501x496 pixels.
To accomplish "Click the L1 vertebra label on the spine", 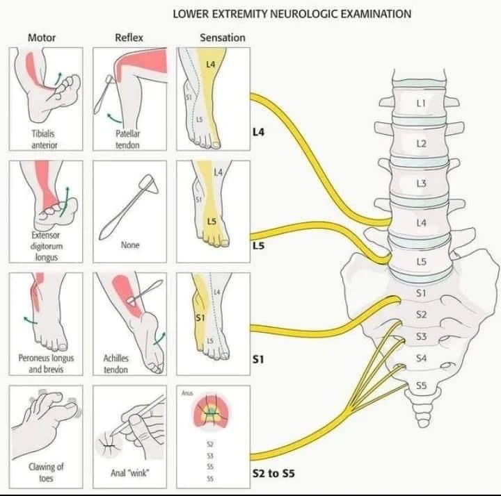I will click(x=420, y=102).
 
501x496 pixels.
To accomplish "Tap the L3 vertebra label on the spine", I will click(x=420, y=183).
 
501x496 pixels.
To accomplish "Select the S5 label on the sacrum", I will click(x=421, y=385).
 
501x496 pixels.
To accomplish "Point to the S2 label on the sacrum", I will click(x=421, y=315).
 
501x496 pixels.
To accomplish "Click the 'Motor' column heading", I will click(x=42, y=38).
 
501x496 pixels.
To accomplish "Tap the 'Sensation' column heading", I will click(x=222, y=38).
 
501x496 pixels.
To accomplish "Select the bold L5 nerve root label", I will click(x=258, y=246).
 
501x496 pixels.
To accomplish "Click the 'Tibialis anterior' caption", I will click(x=44, y=139).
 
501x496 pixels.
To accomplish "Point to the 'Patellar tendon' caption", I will click(x=128, y=139).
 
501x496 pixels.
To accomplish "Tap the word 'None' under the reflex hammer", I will click(x=130, y=245).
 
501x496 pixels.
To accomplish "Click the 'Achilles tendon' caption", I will click(x=116, y=364).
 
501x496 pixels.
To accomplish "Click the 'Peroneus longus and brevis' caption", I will click(x=46, y=364).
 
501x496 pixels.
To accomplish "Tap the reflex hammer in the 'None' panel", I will click(x=129, y=206).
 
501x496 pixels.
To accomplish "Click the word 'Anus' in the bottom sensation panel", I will click(x=186, y=394).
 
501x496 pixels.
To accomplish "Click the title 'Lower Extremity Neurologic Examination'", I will click(x=291, y=14).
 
